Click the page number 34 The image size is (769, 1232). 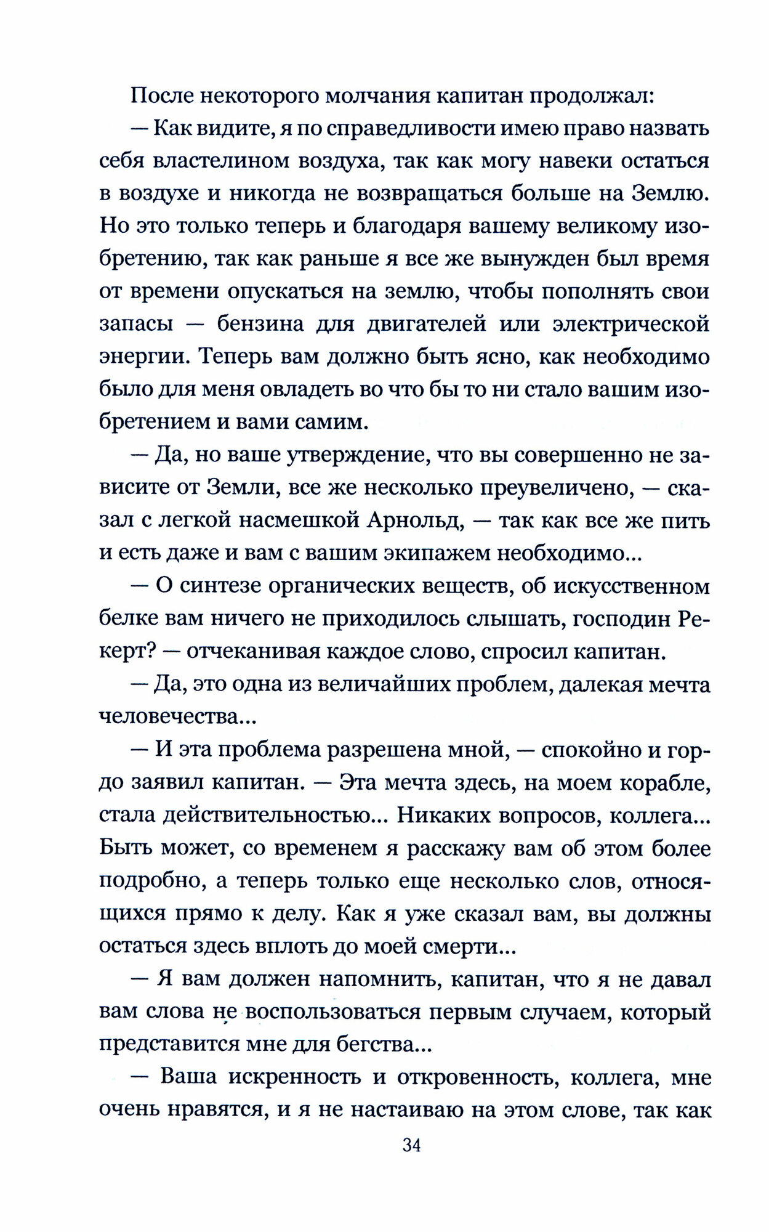(411, 1145)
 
